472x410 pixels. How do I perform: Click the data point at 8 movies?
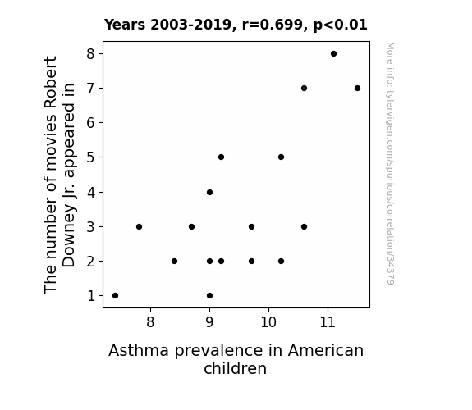pyautogui.click(x=333, y=54)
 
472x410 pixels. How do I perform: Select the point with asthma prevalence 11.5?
pyautogui.click(x=357, y=88)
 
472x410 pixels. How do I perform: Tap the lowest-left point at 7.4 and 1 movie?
pyautogui.click(x=115, y=296)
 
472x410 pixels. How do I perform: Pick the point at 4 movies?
pyautogui.click(x=210, y=192)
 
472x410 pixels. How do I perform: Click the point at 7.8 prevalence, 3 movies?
pyautogui.click(x=139, y=226)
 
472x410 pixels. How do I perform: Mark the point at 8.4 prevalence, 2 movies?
pyautogui.click(x=174, y=261)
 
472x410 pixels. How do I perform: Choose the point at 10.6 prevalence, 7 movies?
pyautogui.click(x=304, y=88)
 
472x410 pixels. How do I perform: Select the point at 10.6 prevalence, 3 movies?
pyautogui.click(x=304, y=226)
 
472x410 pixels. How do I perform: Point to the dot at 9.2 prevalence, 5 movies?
pyautogui.click(x=222, y=157)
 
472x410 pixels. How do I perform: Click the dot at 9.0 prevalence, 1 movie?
pyautogui.click(x=210, y=296)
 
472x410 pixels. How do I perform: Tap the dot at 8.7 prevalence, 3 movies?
pyautogui.click(x=191, y=226)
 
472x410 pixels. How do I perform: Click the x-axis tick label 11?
pyautogui.click(x=328, y=322)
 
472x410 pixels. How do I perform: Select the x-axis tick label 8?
pyautogui.click(x=150, y=322)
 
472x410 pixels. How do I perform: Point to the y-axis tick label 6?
pyautogui.click(x=90, y=123)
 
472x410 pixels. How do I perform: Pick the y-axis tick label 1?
pyautogui.click(x=91, y=296)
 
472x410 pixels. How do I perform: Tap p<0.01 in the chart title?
pyautogui.click(x=341, y=25)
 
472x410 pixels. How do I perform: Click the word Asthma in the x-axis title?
pyautogui.click(x=139, y=350)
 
